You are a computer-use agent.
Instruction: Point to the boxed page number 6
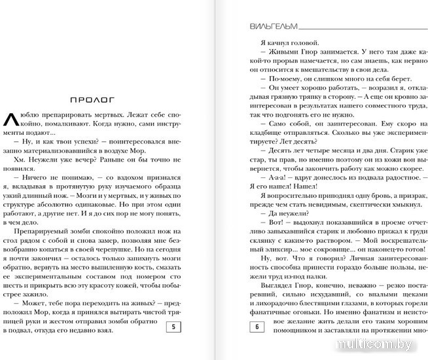coord(258,327)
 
